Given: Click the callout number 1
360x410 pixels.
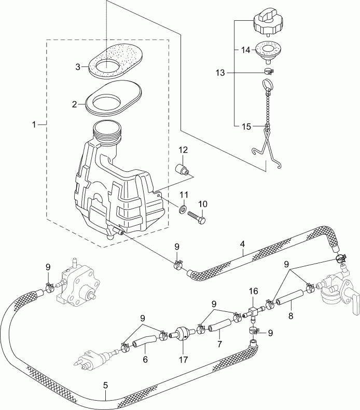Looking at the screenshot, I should [34, 125].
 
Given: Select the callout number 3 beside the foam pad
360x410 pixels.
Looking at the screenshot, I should [77, 67].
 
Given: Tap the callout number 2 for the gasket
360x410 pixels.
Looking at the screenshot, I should [75, 104].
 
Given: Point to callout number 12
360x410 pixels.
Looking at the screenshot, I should [184, 151].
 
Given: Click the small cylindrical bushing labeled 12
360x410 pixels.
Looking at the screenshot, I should [183, 169].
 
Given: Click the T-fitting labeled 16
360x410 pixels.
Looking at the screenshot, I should [254, 312].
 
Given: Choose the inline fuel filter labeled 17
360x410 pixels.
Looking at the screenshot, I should [181, 334].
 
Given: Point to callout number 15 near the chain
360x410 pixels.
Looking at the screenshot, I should [246, 126].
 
